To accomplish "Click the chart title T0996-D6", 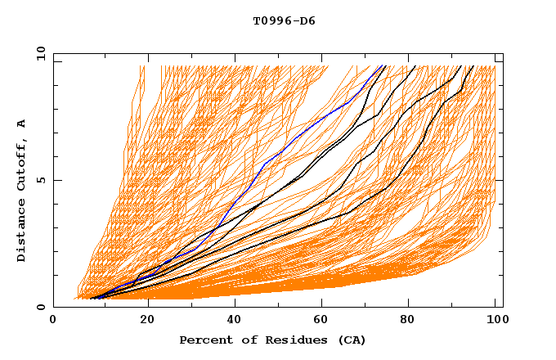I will (x=284, y=20).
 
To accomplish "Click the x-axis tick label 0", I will (x=53, y=320).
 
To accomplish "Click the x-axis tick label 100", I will (x=495, y=320).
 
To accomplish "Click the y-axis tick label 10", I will (x=39, y=53).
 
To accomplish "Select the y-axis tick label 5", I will (x=43, y=180).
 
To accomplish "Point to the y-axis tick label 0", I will (x=43, y=307).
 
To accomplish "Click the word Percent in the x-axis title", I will (x=203, y=340).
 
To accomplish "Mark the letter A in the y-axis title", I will (x=22, y=124).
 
